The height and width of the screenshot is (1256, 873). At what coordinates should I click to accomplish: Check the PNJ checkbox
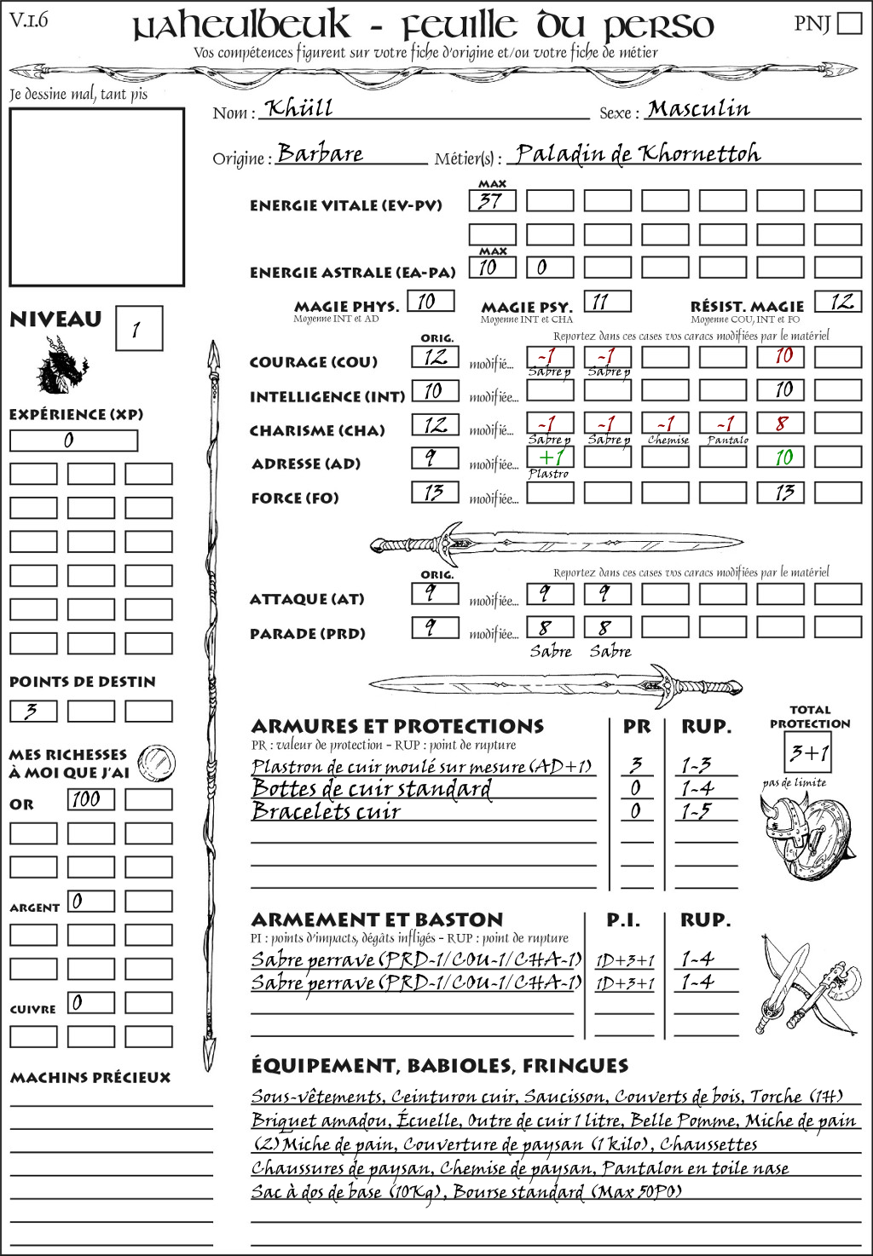click(849, 23)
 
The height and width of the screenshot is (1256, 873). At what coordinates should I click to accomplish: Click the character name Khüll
click(298, 108)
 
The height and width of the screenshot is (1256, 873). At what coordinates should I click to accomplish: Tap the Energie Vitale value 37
click(492, 201)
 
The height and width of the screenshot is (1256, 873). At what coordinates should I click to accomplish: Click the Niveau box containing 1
click(138, 329)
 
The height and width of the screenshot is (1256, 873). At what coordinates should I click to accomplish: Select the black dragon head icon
click(61, 366)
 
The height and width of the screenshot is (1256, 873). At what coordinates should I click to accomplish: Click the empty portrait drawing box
click(96, 197)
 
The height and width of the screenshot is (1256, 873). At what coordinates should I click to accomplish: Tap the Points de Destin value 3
click(33, 711)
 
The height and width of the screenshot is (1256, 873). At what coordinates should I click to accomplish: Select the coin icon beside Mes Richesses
click(157, 762)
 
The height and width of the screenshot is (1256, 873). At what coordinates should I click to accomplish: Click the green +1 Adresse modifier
click(550, 457)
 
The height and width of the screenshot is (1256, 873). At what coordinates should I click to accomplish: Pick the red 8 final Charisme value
click(780, 423)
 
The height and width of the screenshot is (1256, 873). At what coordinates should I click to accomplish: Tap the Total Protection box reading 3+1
click(807, 752)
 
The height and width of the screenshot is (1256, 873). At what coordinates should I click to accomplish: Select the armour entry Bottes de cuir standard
click(372, 789)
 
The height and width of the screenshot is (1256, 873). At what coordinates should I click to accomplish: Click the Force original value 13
click(435, 493)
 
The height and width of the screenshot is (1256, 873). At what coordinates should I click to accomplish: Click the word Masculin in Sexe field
click(698, 109)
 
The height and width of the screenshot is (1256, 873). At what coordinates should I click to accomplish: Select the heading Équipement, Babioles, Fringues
click(439, 1066)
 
